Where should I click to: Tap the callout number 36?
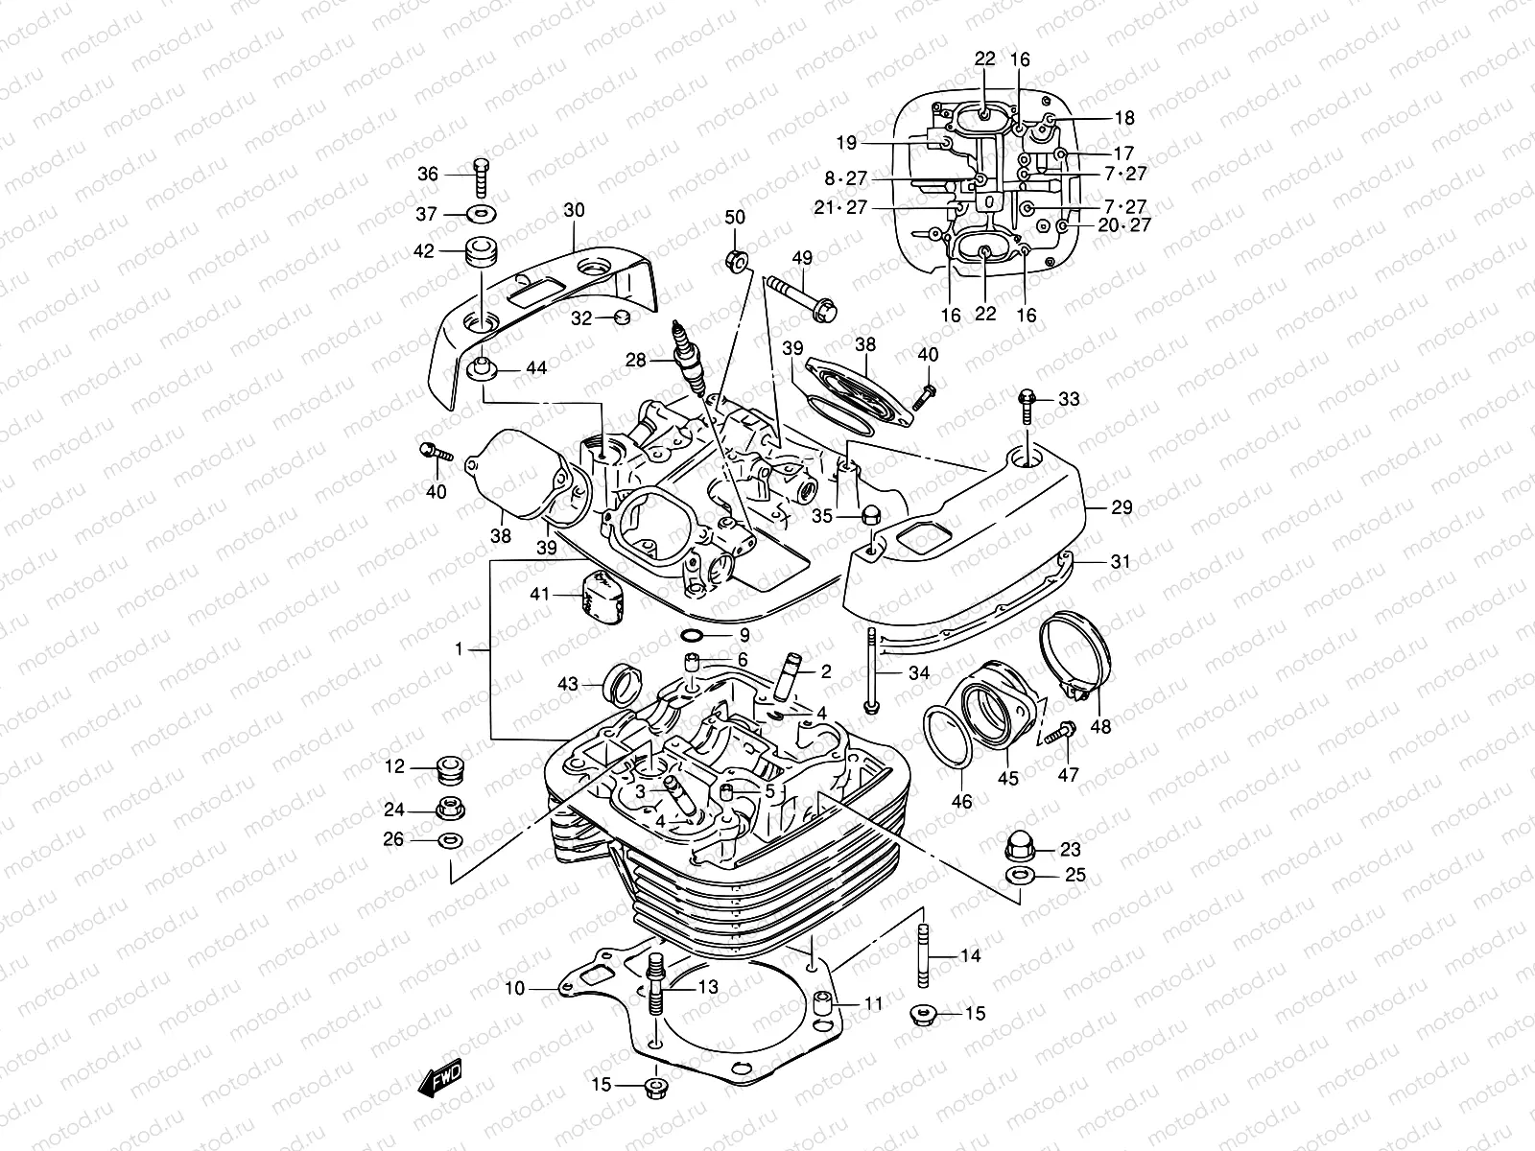tap(428, 174)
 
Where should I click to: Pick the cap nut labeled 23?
tap(1017, 846)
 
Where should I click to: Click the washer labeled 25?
tap(1019, 875)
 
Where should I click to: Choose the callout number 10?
tap(515, 988)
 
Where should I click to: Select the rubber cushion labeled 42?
tap(481, 254)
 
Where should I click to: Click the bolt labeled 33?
tap(1026, 405)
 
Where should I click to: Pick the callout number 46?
tap(960, 801)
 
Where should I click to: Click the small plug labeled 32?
tap(621, 317)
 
